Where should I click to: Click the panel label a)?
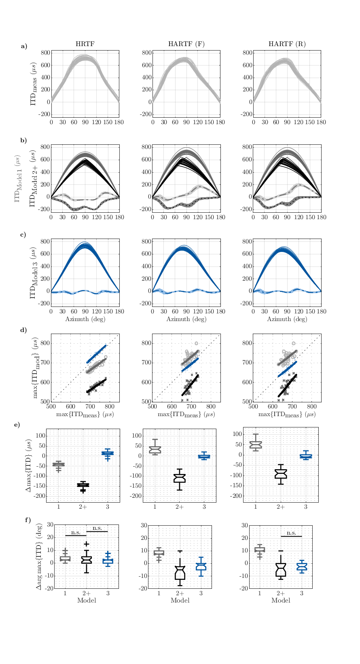24,46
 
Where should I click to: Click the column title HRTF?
85,44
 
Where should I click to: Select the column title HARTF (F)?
186,44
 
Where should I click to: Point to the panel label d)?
24,330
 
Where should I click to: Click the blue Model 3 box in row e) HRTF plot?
108,453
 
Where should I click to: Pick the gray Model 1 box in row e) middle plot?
155,450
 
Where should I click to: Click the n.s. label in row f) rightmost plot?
291,533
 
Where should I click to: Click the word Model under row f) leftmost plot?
87,601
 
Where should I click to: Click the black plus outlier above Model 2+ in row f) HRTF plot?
87,544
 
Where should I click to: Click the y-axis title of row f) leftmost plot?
39,556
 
